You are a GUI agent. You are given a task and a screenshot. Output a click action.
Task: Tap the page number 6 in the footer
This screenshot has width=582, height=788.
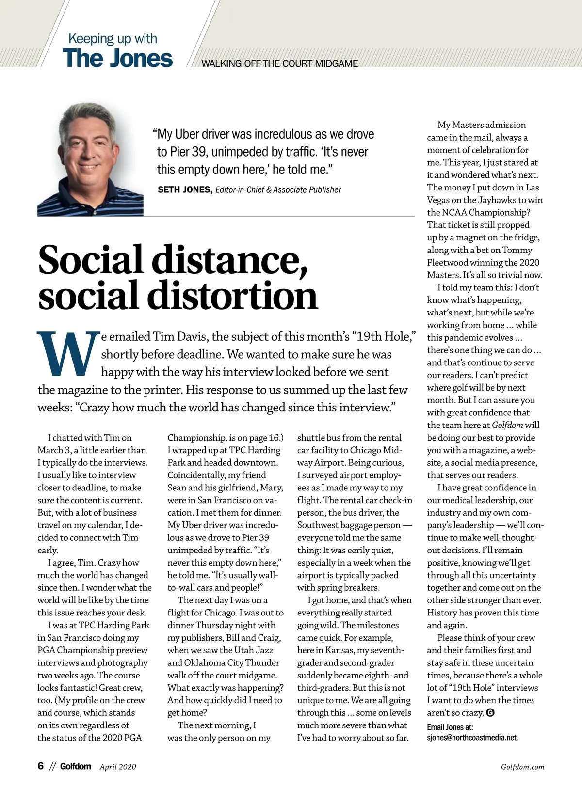(41, 766)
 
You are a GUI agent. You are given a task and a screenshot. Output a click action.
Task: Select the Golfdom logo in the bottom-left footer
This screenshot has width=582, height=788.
(75, 766)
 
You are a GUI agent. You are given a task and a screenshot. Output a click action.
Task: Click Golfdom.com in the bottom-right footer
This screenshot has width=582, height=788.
(522, 767)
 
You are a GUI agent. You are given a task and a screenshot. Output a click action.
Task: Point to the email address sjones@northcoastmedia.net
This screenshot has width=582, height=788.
(472, 738)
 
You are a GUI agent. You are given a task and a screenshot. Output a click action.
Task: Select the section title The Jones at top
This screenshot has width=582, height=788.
(117, 58)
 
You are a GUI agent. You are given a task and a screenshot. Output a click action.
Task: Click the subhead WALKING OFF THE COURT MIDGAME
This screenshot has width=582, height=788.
(279, 63)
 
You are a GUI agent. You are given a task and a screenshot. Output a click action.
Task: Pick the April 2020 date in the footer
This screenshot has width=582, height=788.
(118, 767)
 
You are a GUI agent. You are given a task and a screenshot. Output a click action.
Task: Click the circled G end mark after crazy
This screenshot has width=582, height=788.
(490, 713)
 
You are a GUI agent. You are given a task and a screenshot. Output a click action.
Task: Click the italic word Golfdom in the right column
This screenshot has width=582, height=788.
(507, 425)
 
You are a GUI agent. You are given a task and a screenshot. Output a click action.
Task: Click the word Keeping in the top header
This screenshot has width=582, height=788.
(91, 38)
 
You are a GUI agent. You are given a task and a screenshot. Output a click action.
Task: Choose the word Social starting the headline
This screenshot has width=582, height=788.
(90, 260)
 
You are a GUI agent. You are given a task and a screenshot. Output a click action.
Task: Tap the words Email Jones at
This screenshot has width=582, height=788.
(450, 727)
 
